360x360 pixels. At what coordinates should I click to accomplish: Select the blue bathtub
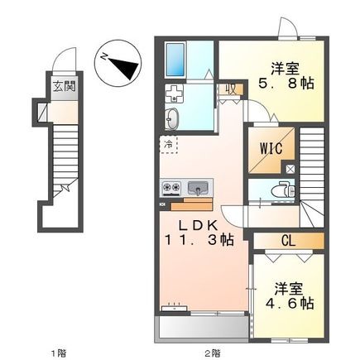coord(178,59)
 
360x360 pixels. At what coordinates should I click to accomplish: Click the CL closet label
coord(288,240)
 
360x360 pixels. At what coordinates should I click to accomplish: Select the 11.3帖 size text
coord(199,242)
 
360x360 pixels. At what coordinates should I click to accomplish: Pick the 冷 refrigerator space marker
coord(168,146)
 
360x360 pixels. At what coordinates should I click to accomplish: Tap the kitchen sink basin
coord(201,185)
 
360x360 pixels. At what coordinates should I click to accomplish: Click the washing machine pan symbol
coord(176,93)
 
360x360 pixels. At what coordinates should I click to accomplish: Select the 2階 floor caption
coord(213,352)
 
